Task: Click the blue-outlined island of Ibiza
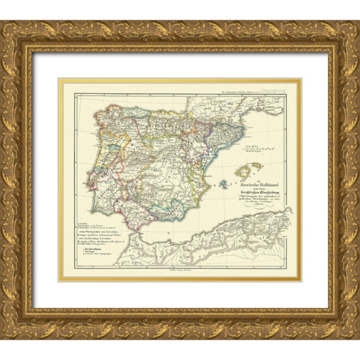coord(223,182)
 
